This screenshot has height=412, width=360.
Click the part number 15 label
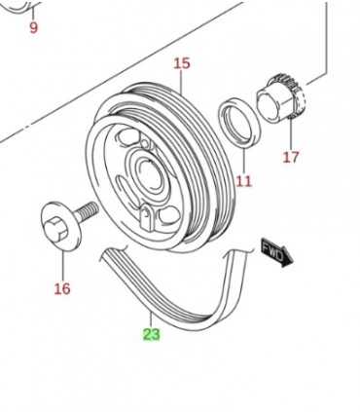click(182, 64)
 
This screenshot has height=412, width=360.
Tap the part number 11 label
click(242, 180)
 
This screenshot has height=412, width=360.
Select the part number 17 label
click(290, 156)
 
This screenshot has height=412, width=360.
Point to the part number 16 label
click(62, 288)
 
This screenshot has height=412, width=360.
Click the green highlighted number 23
click(151, 334)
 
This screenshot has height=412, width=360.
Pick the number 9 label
click(33, 27)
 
